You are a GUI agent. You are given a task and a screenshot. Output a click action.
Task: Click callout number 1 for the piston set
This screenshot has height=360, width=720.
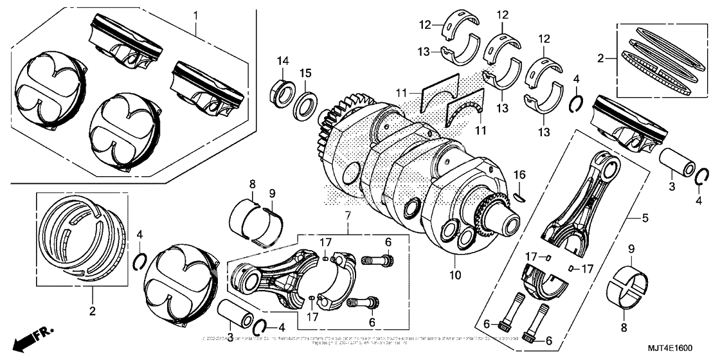tap(197, 13)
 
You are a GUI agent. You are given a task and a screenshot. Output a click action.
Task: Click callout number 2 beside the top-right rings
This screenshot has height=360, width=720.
tap(600, 58)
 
